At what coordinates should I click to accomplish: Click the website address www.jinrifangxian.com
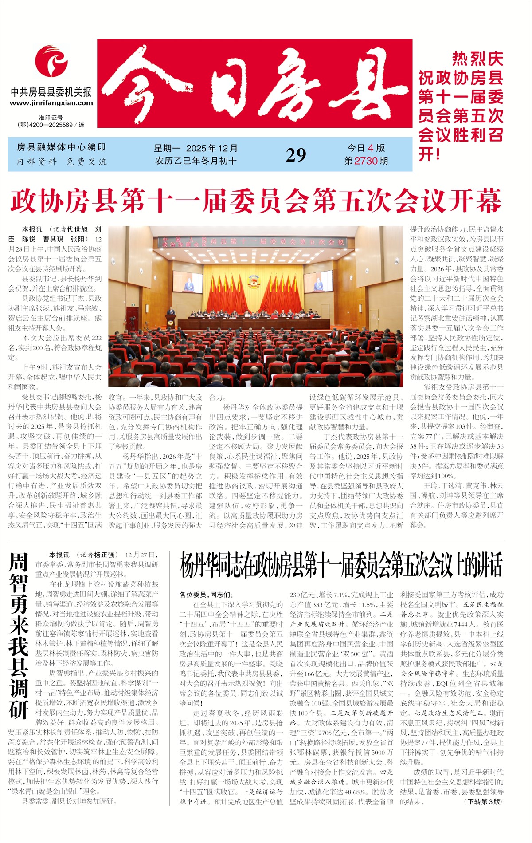coord(51,103)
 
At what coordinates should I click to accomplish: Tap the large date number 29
coord(296,155)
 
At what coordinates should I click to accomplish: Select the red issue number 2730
coord(366,161)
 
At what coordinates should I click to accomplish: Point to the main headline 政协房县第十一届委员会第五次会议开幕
coord(256,201)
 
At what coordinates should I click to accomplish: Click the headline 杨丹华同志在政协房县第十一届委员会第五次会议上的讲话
coord(341,566)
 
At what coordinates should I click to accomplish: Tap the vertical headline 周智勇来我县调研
coord(19,635)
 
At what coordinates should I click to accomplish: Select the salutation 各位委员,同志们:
coord(206,595)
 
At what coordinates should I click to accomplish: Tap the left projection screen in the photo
coord(188,282)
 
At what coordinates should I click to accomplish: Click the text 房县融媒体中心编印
coord(61,147)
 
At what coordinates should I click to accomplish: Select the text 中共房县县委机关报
coord(51,92)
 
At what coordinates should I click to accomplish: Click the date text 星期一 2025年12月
coord(196,148)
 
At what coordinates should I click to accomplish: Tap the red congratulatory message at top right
coord(461,106)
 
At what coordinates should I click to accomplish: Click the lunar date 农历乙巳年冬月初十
coord(196,161)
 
